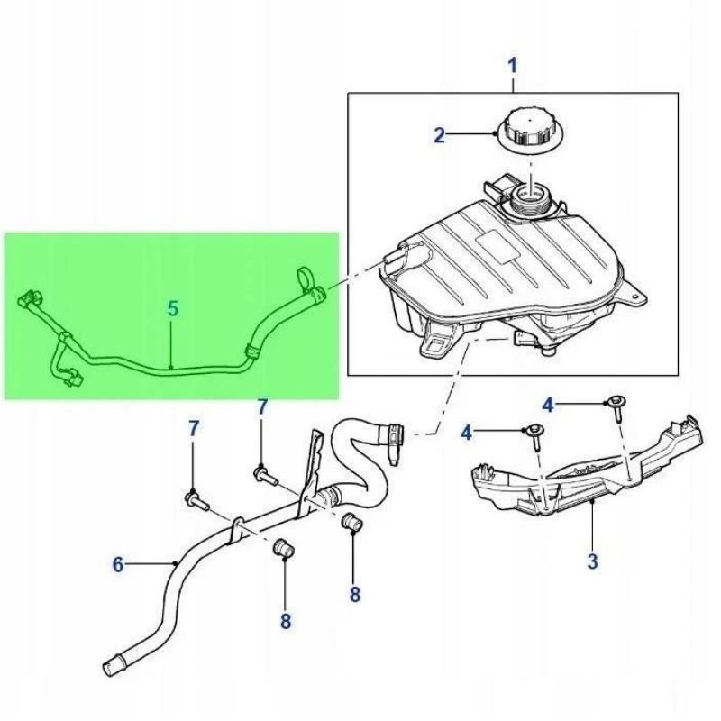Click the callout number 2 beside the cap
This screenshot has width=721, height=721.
pyautogui.click(x=439, y=136)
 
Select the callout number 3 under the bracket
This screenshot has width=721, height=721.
pyautogui.click(x=592, y=561)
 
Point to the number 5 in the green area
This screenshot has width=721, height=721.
pyautogui.click(x=173, y=309)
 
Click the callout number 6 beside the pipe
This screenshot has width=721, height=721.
pyautogui.click(x=118, y=565)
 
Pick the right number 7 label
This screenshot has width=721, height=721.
pyautogui.click(x=262, y=407)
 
